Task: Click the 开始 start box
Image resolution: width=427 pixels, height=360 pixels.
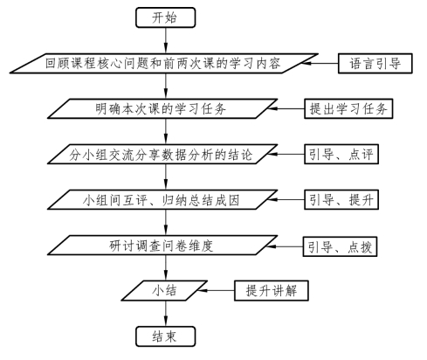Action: [x=165, y=17]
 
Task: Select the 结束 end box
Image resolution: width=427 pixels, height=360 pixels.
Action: [x=165, y=336]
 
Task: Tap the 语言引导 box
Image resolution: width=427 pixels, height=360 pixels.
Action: [x=375, y=63]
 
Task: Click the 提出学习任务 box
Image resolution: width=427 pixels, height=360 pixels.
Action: [x=348, y=108]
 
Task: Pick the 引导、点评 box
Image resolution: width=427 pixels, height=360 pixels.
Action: [x=341, y=154]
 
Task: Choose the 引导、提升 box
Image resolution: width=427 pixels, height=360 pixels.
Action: [x=341, y=199]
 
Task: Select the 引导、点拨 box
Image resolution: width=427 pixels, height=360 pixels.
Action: [x=340, y=246]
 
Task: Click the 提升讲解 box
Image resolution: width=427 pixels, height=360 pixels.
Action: [x=272, y=290]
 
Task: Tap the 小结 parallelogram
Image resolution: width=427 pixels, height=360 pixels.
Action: [x=164, y=290]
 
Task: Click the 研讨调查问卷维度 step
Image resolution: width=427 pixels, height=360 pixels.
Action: [x=162, y=246]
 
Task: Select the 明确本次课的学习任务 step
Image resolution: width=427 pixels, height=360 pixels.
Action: [x=162, y=108]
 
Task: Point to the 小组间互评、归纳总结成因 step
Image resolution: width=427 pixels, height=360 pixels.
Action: [x=162, y=199]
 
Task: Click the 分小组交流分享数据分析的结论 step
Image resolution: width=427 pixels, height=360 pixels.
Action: [x=162, y=154]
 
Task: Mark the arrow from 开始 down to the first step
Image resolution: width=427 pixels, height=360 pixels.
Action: [x=166, y=40]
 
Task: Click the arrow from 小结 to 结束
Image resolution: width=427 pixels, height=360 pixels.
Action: [x=166, y=314]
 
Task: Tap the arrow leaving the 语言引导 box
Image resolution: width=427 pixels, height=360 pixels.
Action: [x=320, y=63]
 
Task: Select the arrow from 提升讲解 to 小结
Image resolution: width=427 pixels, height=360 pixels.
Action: [x=217, y=290]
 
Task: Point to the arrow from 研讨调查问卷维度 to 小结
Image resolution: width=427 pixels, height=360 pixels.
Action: [x=166, y=268]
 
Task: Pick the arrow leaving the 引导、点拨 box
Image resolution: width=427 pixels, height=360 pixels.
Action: [x=286, y=246]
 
